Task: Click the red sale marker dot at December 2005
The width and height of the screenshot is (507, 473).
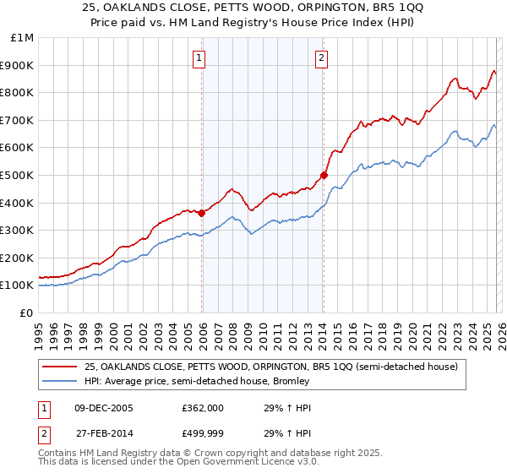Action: pyautogui.click(x=201, y=213)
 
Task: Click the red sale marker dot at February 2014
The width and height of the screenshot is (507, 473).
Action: pyautogui.click(x=324, y=176)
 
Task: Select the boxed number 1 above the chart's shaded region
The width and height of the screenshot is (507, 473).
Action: pyautogui.click(x=199, y=58)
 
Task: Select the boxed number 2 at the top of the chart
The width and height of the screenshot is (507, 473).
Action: pyautogui.click(x=322, y=58)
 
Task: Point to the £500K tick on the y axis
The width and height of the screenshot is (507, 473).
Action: pyautogui.click(x=17, y=175)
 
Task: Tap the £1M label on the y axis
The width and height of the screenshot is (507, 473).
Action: pyautogui.click(x=22, y=37)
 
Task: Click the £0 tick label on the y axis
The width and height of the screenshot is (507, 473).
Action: pyautogui.click(x=25, y=313)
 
